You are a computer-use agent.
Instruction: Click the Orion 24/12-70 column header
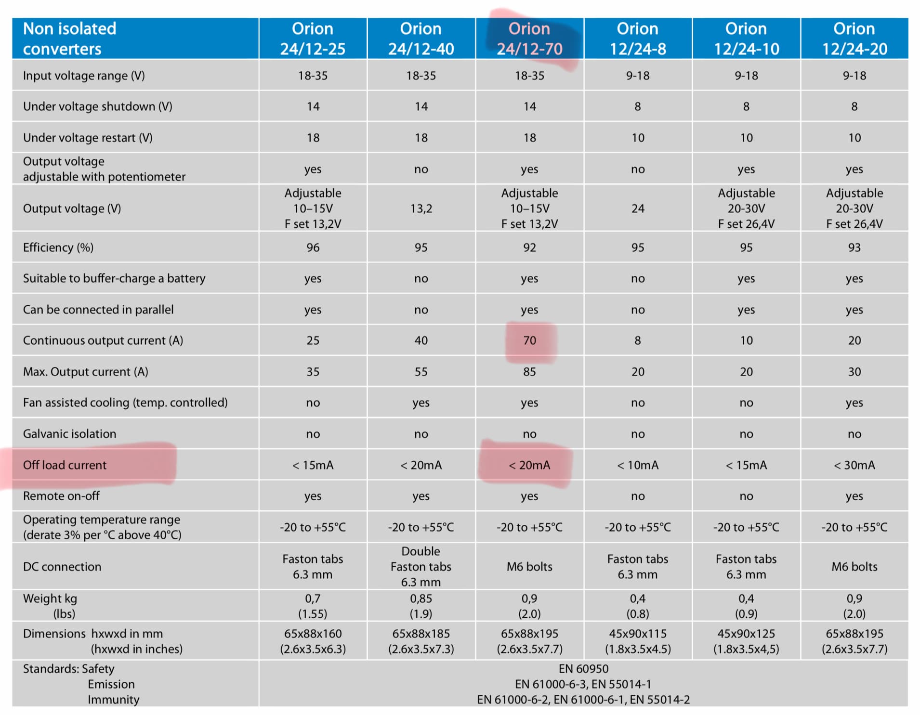click(529, 39)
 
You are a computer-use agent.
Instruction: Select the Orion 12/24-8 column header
click(637, 39)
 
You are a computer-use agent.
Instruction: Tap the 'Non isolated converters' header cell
click(69, 39)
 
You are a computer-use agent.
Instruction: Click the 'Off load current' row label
click(65, 465)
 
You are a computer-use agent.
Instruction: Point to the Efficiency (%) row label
click(58, 247)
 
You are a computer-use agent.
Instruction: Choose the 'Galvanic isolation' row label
click(69, 433)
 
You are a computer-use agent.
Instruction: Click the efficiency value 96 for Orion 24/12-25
click(313, 247)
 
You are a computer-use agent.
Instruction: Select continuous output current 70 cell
click(529, 340)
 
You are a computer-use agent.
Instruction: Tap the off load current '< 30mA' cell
click(854, 465)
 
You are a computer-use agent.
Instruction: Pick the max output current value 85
click(529, 371)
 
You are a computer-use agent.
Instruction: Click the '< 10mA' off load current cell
click(637, 465)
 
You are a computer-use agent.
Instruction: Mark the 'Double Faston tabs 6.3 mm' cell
click(421, 566)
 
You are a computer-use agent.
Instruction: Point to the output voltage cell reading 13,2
click(421, 208)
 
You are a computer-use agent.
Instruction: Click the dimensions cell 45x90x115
click(637, 641)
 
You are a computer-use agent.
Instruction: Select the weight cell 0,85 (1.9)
click(421, 606)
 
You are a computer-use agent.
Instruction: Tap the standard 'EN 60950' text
click(583, 668)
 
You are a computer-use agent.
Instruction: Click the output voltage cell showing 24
click(637, 208)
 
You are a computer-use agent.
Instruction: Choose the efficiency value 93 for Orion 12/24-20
click(854, 247)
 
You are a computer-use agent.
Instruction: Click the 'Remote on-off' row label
click(61, 495)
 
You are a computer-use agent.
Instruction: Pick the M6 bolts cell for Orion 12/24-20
click(854, 566)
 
